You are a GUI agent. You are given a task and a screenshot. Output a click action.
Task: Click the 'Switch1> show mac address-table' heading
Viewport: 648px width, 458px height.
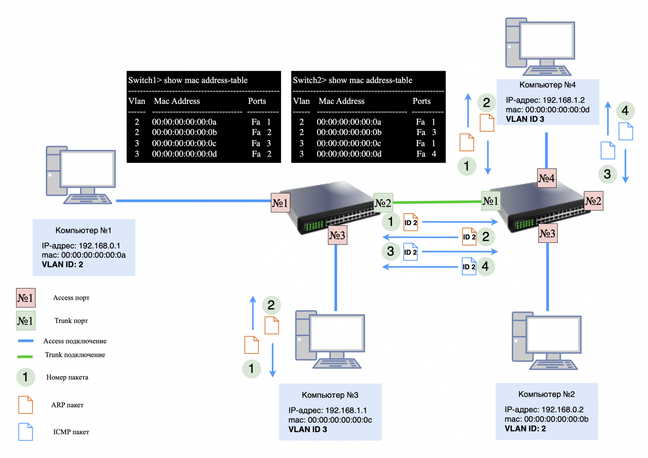point(188,80)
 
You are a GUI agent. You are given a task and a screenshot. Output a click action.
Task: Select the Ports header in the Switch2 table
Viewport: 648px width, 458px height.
point(421,101)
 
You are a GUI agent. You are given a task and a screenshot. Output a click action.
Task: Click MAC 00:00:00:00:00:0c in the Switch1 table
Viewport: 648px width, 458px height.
point(184,143)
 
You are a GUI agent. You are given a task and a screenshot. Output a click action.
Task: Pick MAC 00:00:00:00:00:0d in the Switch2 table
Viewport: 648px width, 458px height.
point(349,154)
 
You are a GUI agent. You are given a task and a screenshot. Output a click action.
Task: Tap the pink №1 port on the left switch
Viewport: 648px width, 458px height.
point(280,203)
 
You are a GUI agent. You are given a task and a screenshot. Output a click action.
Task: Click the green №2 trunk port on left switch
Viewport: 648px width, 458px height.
point(383,203)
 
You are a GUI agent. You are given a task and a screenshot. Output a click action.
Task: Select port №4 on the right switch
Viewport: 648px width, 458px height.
point(547,178)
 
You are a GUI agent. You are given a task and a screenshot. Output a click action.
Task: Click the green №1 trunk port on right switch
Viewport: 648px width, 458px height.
point(491,201)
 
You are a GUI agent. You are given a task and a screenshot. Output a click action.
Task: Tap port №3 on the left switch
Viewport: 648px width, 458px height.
point(337,235)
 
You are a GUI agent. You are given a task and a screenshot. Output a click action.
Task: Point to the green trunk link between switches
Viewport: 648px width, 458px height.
point(436,202)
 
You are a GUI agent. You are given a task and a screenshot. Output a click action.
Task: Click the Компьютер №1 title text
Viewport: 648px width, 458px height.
point(83,230)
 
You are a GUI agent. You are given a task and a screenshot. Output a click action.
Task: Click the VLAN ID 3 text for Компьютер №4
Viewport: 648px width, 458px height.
point(525,119)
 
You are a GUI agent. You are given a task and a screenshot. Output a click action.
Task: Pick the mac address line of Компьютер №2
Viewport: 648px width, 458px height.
point(546,419)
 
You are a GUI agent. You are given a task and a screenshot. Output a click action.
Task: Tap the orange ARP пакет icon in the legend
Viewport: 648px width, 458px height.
point(25,405)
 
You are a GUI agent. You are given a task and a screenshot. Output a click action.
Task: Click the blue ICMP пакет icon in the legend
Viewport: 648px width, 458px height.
point(25,432)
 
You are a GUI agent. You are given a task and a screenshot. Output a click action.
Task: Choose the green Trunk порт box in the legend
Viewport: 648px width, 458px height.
point(25,321)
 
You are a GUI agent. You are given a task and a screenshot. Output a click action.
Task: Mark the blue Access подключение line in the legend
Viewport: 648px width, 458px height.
point(26,341)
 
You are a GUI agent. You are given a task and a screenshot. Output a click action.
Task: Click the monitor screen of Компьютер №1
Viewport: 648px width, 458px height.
point(88,169)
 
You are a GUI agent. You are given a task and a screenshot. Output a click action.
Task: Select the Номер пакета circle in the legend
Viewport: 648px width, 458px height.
point(25,377)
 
